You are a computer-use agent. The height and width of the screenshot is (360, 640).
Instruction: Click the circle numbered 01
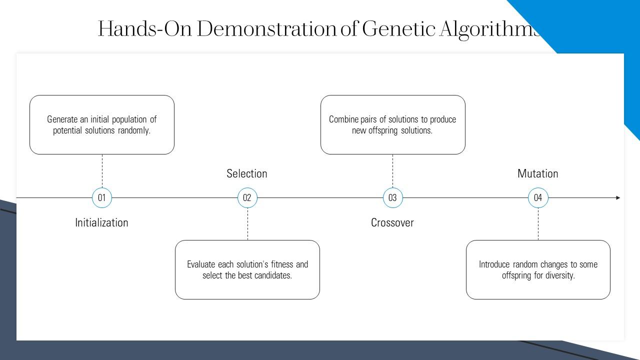[102, 197]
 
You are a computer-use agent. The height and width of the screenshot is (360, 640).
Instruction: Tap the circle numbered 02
[247, 197]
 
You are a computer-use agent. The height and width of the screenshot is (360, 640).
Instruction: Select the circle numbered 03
[392, 197]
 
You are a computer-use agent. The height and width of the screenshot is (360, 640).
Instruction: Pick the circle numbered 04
[538, 197]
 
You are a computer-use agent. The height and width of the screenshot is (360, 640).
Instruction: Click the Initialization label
[101, 222]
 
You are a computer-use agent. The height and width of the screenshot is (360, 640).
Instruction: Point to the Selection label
[247, 173]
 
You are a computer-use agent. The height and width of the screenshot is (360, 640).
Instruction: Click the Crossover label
[392, 222]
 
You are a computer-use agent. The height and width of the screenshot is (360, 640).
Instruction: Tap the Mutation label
[537, 173]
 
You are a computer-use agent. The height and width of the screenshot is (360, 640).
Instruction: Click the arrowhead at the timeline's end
[618, 197]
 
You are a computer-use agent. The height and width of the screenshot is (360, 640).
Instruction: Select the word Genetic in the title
[398, 29]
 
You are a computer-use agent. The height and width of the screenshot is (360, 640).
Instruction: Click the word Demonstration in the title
[267, 29]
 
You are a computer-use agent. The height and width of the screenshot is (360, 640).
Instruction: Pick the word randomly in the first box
[134, 130]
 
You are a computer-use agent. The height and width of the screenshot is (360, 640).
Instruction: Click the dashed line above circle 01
[102, 171]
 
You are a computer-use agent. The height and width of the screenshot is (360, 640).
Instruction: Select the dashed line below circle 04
[538, 224]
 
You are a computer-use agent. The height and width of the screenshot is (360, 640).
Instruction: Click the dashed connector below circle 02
[247, 224]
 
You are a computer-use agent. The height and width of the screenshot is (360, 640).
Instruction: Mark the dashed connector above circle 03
[392, 171]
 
